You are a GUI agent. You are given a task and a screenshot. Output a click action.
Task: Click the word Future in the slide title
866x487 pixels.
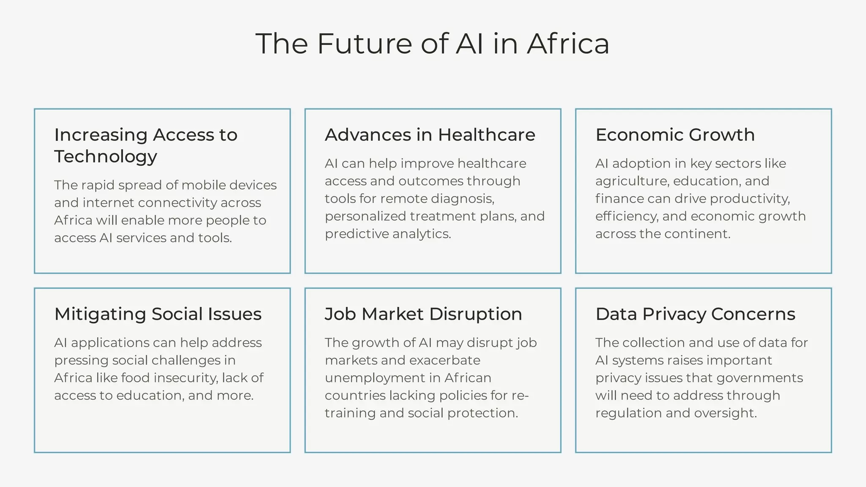coord(364,44)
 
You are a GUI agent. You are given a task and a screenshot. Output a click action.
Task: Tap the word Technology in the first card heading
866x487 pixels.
coord(106,156)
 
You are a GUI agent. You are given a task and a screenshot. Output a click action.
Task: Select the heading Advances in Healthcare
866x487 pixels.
coord(430,135)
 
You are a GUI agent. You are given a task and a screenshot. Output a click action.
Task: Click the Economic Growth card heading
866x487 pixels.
coord(675,135)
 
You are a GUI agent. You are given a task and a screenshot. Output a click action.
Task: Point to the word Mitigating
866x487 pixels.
coord(100,314)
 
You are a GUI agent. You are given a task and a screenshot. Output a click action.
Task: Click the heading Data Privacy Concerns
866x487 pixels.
coord(695,314)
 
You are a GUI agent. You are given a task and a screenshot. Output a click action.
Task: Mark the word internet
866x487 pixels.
coord(108,203)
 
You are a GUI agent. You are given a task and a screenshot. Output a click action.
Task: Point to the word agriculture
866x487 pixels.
coord(632,181)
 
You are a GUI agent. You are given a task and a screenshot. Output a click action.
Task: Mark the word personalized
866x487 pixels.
coord(365,216)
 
